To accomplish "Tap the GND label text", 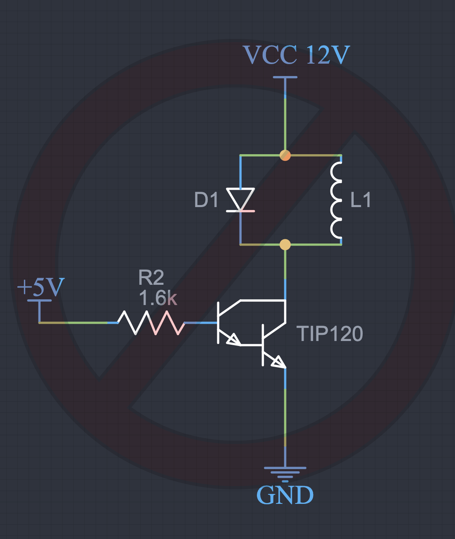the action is pyautogui.click(x=285, y=495).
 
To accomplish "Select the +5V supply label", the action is pyautogui.click(x=41, y=286).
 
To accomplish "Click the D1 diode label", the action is pyautogui.click(x=206, y=200).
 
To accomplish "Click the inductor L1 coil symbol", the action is pyautogui.click(x=336, y=200).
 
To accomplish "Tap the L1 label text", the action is pyautogui.click(x=361, y=200).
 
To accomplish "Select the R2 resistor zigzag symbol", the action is pyautogui.click(x=151, y=323).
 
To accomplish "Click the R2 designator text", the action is pyautogui.click(x=151, y=277).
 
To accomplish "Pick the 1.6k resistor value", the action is pyautogui.click(x=158, y=298).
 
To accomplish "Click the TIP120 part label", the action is pyautogui.click(x=330, y=334).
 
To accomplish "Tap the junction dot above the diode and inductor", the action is pyautogui.click(x=285, y=155).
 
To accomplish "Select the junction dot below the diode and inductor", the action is pyautogui.click(x=285, y=244).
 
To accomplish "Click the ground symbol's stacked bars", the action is pyautogui.click(x=285, y=475).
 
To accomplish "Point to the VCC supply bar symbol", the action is pyautogui.click(x=285, y=77).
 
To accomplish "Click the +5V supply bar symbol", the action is pyautogui.click(x=39, y=301).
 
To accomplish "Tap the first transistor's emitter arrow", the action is pyautogui.click(x=234, y=339).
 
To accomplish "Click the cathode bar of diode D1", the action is pyautogui.click(x=240, y=211).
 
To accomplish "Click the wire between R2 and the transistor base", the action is pyautogui.click(x=201, y=323).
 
